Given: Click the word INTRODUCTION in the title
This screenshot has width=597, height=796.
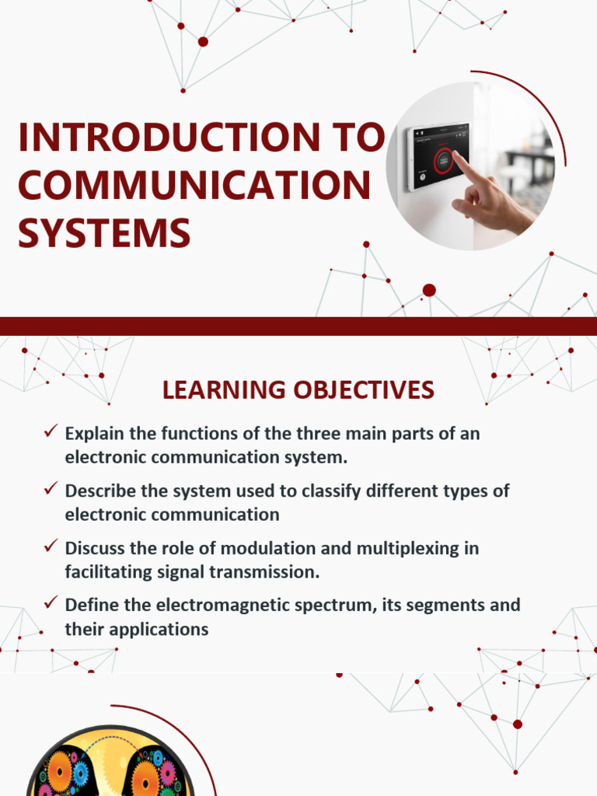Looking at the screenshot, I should click(x=166, y=138).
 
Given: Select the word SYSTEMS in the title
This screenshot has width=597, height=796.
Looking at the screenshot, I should click(x=104, y=232).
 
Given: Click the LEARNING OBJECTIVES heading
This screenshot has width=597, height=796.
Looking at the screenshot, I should click(x=298, y=390).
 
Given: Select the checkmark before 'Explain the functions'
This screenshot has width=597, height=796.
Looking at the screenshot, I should click(x=51, y=431).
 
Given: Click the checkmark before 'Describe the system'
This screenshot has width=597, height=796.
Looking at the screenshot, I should click(x=51, y=489).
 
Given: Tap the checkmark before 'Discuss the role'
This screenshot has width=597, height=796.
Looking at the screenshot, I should click(x=51, y=546).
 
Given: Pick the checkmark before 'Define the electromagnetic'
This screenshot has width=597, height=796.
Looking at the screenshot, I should click(x=51, y=603).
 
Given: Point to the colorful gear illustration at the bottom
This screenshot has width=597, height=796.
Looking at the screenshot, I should click(x=109, y=766).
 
